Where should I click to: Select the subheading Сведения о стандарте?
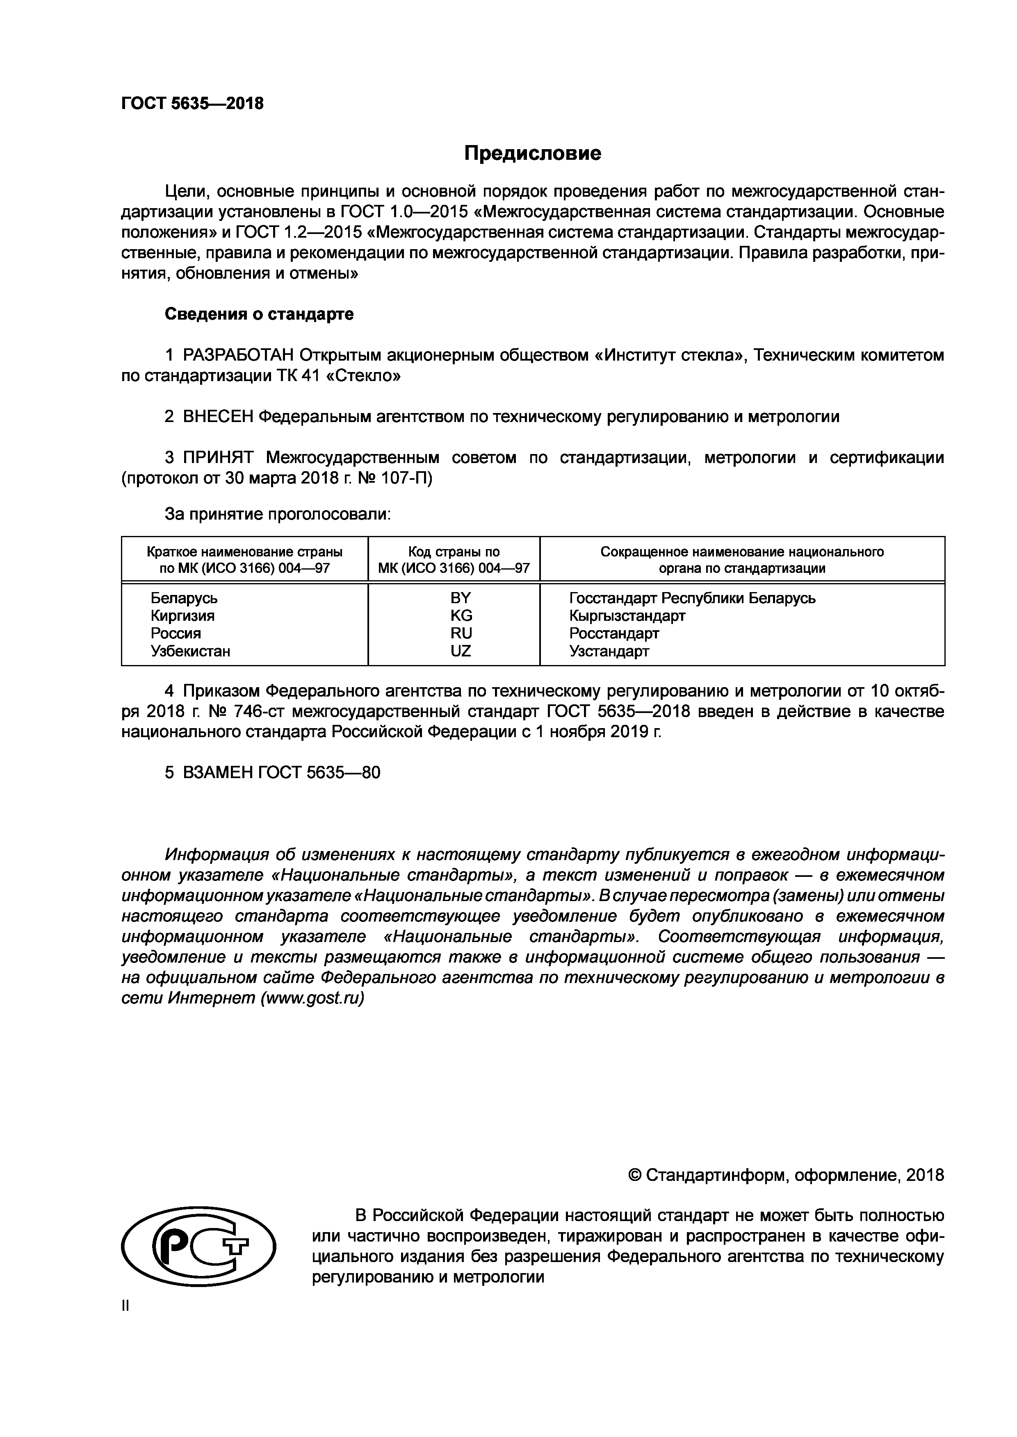point(259,314)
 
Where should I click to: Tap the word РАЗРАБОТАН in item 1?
point(238,356)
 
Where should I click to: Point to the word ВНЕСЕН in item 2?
point(218,416)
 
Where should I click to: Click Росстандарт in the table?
point(614,633)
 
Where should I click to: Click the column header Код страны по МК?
point(454,560)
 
